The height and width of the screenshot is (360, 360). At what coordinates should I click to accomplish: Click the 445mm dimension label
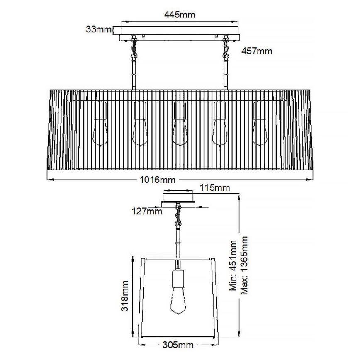click(179, 15)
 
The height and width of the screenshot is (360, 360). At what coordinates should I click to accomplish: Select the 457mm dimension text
click(256, 51)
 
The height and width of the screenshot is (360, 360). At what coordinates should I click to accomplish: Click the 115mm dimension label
click(214, 188)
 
